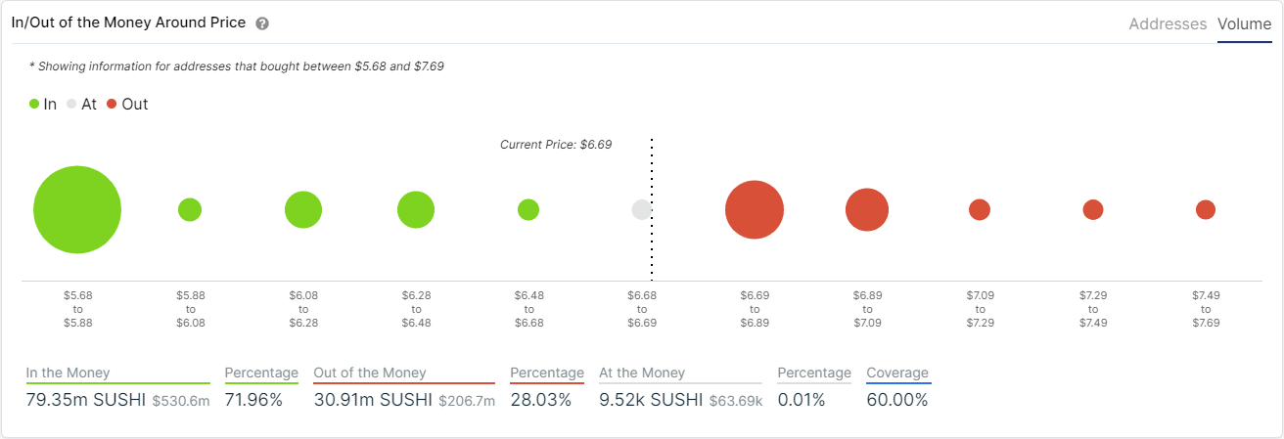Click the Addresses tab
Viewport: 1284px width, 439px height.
(x=1168, y=24)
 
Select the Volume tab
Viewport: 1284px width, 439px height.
(x=1244, y=24)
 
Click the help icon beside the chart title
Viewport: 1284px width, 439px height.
(x=262, y=23)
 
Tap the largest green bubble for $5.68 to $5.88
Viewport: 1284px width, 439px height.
(x=77, y=210)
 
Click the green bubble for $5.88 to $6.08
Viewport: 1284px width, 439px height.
(x=190, y=209)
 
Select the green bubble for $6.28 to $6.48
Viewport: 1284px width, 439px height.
(x=416, y=209)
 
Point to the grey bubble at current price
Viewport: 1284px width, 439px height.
(x=641, y=209)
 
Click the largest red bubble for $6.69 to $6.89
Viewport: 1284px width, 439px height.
(x=754, y=210)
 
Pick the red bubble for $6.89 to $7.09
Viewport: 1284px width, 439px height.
(x=867, y=210)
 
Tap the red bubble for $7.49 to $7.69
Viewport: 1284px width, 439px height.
(x=1206, y=209)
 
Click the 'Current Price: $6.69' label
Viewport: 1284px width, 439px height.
(x=555, y=145)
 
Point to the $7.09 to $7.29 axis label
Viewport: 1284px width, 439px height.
(x=980, y=308)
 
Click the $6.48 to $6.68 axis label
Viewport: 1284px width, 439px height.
(x=528, y=308)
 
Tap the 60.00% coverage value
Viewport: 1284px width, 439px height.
(x=896, y=400)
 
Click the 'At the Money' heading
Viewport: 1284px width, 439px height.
(x=642, y=373)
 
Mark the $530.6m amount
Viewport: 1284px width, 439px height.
(x=181, y=401)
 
